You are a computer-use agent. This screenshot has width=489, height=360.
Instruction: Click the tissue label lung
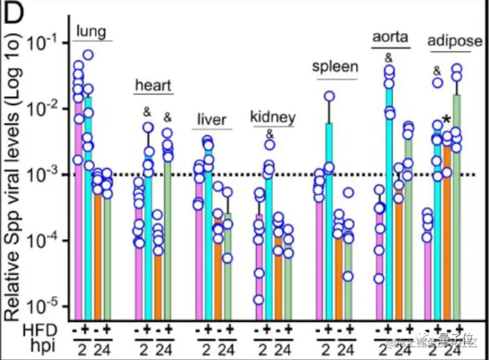click(x=92, y=31)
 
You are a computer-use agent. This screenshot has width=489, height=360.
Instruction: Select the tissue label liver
click(x=212, y=120)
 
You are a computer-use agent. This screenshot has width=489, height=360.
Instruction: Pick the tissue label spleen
click(x=335, y=67)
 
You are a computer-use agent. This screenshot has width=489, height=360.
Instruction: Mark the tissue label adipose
click(x=454, y=42)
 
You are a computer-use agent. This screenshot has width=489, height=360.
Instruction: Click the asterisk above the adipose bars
click(x=446, y=120)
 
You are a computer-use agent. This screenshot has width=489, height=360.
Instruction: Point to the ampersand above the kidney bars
click(x=269, y=133)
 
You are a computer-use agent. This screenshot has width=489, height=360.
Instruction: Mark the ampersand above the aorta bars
click(x=388, y=57)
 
